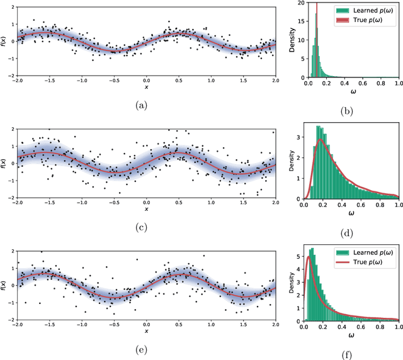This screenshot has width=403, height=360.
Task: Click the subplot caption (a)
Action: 146,106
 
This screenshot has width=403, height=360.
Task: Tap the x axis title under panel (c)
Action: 146,210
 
